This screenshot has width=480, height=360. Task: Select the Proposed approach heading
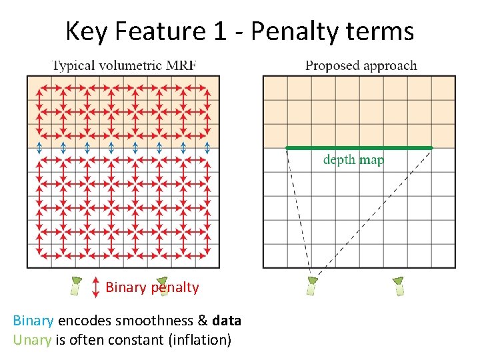[x=361, y=65]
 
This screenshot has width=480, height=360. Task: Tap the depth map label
[x=353, y=160]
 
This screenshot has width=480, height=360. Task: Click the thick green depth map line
[x=359, y=147]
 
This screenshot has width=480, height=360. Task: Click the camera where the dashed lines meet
[x=311, y=285]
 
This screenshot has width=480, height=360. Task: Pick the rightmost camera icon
[x=399, y=285]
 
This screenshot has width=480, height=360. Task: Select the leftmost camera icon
[x=75, y=285]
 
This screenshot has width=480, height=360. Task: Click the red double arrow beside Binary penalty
[x=96, y=286]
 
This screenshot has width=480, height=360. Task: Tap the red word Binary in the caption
[x=125, y=287]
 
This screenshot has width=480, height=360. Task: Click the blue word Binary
[x=33, y=321]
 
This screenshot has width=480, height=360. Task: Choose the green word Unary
[x=31, y=340]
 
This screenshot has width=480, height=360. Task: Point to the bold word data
[x=226, y=321]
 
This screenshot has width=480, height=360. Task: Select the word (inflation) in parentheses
[x=200, y=340]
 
